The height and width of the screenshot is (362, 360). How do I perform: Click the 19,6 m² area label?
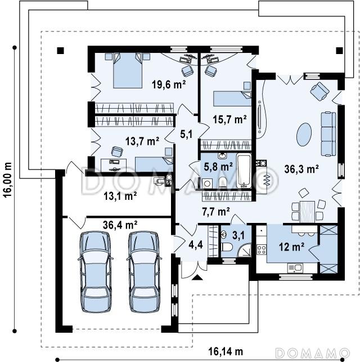click(169, 84)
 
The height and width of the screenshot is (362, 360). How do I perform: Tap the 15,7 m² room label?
click(229, 119)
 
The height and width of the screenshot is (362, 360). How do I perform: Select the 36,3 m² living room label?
click(301, 169)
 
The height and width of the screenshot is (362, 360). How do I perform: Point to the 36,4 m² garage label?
click(120, 225)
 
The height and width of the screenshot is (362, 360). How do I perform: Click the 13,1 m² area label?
click(120, 196)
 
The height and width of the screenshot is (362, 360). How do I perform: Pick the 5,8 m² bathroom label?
click(218, 166)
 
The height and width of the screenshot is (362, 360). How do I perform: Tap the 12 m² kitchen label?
click(291, 247)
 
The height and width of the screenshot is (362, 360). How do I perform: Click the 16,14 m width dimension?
click(226, 351)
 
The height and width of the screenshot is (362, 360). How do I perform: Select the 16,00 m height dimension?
click(8, 180)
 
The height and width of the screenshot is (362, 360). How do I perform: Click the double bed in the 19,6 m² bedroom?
click(128, 70)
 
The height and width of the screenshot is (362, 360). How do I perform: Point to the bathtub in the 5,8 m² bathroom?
click(244, 171)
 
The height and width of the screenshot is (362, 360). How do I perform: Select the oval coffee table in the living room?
click(304, 134)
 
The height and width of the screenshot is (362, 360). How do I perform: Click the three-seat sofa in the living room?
click(328, 134)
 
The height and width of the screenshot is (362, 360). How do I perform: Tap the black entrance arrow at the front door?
click(197, 277)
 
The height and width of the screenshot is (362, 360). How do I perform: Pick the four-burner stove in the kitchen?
click(262, 249)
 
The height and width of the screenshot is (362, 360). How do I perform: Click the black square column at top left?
click(60, 51)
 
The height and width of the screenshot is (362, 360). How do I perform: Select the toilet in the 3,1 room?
click(226, 247)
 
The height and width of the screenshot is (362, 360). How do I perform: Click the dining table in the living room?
click(307, 212)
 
